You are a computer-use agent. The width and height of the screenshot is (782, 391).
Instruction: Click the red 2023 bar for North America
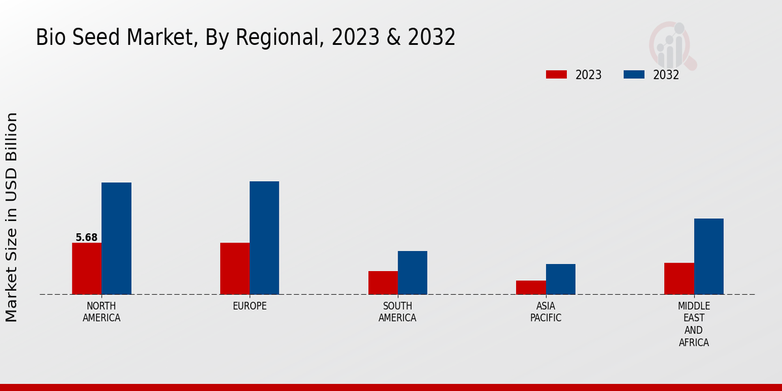tap(87, 268)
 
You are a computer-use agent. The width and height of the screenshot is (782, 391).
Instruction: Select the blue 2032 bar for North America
tap(116, 239)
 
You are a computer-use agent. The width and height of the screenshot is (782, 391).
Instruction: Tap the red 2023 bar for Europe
tap(235, 268)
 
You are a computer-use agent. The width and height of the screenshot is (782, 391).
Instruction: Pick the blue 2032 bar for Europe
tap(264, 238)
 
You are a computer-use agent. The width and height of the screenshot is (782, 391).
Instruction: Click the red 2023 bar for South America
tap(383, 283)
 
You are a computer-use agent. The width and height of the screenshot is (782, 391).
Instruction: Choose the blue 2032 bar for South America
tap(413, 272)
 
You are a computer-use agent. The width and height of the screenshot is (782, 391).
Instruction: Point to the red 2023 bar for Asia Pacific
tap(530, 287)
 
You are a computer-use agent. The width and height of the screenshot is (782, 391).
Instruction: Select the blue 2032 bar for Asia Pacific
tap(560, 279)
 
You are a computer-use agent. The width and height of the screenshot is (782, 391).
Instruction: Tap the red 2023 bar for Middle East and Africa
tap(679, 278)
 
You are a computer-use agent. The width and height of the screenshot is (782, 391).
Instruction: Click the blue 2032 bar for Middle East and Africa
tap(708, 256)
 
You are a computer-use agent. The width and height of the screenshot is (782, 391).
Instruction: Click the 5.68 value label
tap(87, 238)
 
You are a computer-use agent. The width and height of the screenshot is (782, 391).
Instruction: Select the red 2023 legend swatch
tap(556, 75)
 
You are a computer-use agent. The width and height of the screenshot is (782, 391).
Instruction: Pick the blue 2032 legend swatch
tap(633, 75)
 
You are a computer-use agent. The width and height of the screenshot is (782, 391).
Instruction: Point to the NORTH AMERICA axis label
tap(102, 312)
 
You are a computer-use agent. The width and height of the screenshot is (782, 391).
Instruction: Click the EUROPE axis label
tap(250, 306)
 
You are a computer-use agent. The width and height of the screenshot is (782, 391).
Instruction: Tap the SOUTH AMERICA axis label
tap(398, 312)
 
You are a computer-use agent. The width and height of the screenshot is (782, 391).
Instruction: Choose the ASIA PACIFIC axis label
tap(545, 312)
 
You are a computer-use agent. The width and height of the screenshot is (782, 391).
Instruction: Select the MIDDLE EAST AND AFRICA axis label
tap(694, 324)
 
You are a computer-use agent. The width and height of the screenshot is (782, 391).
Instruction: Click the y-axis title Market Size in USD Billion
tap(12, 217)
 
